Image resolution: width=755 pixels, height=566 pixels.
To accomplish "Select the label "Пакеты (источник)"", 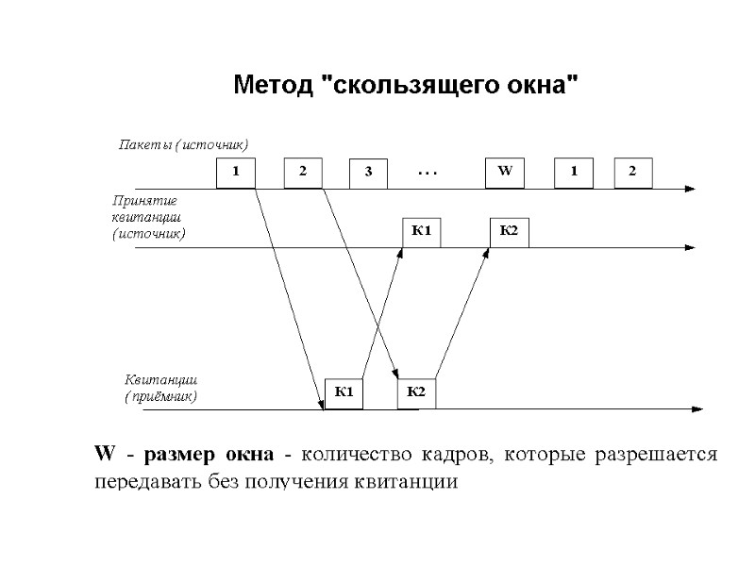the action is point(182,145).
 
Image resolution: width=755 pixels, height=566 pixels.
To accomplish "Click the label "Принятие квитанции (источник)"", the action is point(148,216).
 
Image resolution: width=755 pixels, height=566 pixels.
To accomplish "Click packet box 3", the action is point(368,174).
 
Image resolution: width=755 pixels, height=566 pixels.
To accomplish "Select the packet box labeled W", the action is point(503,173).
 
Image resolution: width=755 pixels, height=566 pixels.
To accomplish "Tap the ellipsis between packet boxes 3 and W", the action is point(428,174).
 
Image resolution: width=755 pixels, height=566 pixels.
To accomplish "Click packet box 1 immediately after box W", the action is point(570,173).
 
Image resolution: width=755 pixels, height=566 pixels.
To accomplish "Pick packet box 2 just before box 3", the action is point(303,173).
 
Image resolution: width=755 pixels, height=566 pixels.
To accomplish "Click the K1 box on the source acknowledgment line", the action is point(421,232).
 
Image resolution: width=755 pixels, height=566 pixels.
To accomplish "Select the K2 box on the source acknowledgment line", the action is point(509,232).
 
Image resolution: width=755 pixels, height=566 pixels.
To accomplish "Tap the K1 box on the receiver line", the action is point(344,392).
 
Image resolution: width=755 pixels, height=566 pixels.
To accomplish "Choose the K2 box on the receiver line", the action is point(416,392).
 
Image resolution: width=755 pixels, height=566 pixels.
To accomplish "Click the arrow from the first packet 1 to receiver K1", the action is point(288,297).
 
